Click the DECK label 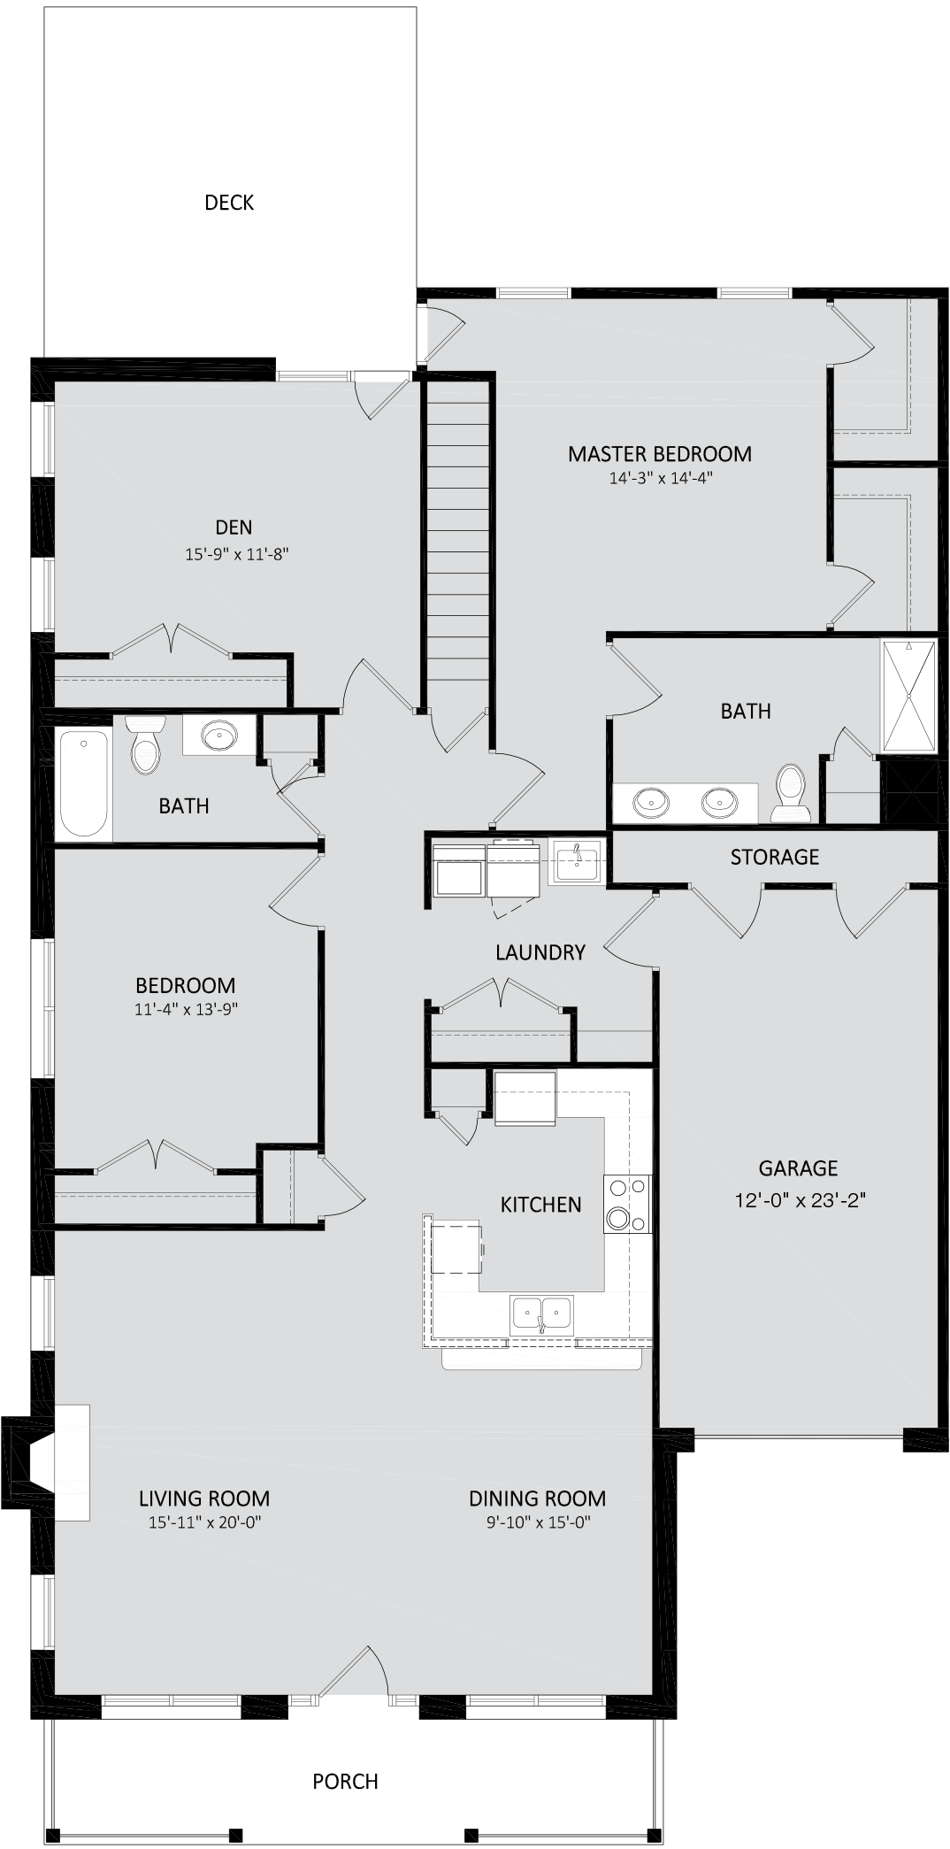coord(229,203)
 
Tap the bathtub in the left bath coord(84,783)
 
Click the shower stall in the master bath coord(908,697)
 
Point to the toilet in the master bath coord(789,793)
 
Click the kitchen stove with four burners coord(627,1204)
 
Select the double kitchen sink coord(542,1314)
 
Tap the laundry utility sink coord(575,861)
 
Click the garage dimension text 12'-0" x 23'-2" coord(799,1200)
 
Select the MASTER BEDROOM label coord(660,454)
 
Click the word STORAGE coord(775,857)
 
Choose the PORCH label coord(346,1781)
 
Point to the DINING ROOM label coord(538,1498)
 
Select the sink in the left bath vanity coord(218,736)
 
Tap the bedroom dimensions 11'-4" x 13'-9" coord(186,1009)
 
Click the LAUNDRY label coord(540,952)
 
